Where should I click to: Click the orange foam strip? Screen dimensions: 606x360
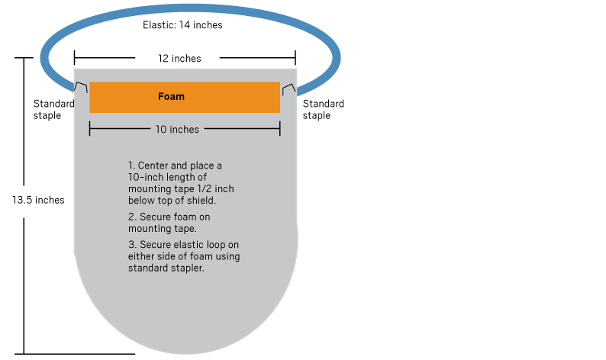point(185,98)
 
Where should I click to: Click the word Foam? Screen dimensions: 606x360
point(171,97)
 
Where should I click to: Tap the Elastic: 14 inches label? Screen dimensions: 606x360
point(182,25)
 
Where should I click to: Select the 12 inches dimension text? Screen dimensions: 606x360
point(179,59)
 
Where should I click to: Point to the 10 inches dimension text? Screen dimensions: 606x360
point(177,130)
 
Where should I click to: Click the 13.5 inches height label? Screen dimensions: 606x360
point(38,200)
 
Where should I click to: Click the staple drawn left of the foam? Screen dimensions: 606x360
point(81,87)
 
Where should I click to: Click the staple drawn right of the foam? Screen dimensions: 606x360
point(289,89)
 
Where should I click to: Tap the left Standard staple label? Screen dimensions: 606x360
point(53,110)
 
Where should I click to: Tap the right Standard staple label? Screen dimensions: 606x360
point(323,110)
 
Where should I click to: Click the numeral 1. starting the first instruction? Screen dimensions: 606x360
point(131,166)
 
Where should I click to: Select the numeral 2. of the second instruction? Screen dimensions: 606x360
point(132,217)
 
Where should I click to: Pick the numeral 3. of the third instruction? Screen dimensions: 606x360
point(132,245)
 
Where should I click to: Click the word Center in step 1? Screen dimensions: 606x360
point(153,166)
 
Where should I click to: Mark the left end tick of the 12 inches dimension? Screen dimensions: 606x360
point(74,58)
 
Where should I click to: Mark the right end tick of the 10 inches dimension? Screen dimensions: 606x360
point(280,129)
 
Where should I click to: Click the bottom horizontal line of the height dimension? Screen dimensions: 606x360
point(75,353)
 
